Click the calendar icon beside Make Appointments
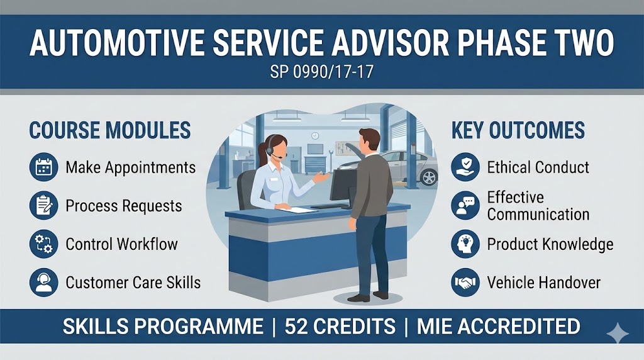43,167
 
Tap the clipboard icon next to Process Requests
43,206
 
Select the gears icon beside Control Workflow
43,244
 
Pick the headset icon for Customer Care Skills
43,283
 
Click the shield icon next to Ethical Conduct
465,167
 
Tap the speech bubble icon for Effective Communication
465,206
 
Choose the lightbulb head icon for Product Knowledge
465,244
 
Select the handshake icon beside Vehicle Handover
465,283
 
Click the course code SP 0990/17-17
321,72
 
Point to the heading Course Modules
109,130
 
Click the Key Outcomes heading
518,130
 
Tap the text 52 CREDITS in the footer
340,326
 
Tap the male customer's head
369,140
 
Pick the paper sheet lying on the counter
296,210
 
